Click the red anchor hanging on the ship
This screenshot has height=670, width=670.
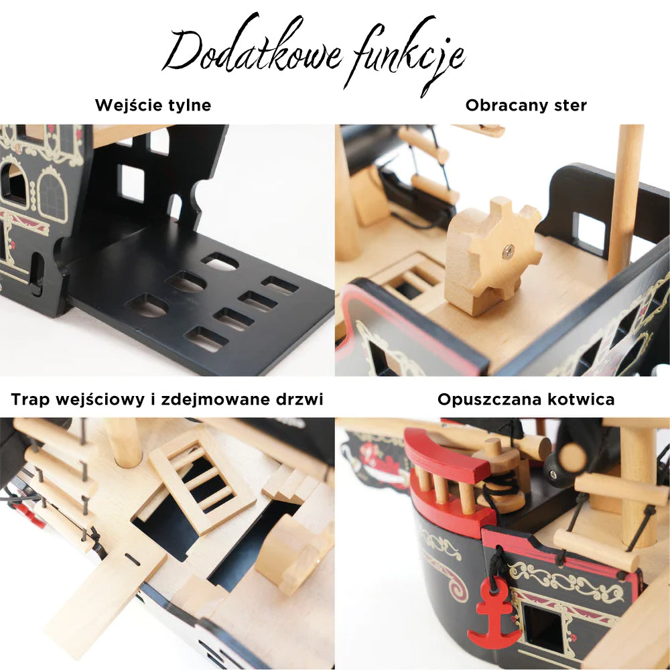[x=494, y=614]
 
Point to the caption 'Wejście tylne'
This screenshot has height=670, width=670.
[x=153, y=105]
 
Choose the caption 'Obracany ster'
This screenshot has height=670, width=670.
[x=526, y=105]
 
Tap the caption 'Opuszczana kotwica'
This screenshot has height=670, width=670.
[x=526, y=399]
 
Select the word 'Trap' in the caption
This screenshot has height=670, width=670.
[x=31, y=399]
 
